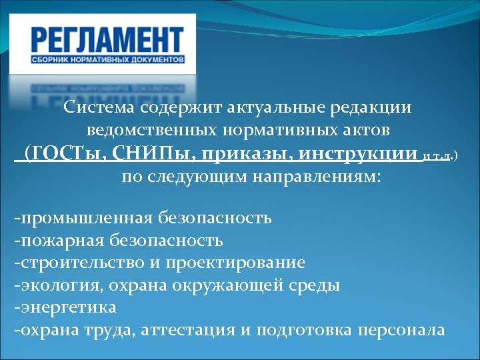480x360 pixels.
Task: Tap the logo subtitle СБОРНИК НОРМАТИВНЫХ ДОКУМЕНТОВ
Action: [x=107, y=60]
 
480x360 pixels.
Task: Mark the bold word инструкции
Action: [x=358, y=154]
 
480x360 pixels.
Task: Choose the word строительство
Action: [x=80, y=263]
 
